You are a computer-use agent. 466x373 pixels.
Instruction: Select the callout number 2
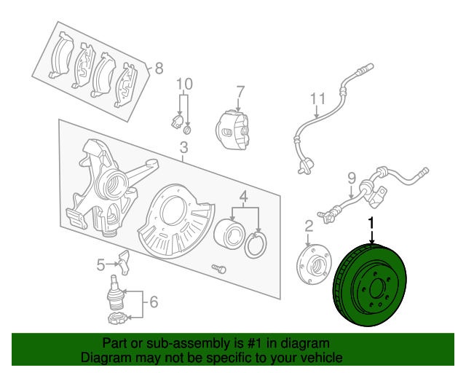click(309, 226)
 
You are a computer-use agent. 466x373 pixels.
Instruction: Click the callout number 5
click(100, 264)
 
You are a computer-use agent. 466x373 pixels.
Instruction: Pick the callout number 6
click(152, 301)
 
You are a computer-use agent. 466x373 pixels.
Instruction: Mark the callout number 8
click(159, 69)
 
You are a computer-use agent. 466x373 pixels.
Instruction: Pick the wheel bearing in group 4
click(231, 235)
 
